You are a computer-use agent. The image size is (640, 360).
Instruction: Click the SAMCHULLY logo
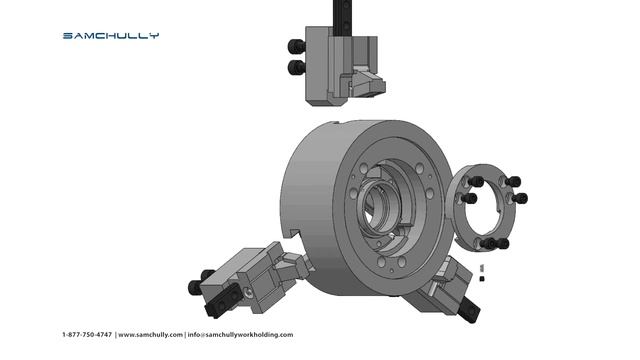click(111, 36)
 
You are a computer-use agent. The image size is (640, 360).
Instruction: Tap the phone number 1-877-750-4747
click(87, 335)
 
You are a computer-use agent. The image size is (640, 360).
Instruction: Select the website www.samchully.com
click(150, 335)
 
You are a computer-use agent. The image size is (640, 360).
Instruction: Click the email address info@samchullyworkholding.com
click(240, 335)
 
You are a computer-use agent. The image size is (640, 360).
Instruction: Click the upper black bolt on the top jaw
click(296, 46)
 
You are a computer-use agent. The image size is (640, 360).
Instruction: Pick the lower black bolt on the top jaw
click(296, 67)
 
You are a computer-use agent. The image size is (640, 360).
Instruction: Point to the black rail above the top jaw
click(342, 18)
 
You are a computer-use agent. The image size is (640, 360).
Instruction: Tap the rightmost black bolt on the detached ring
click(520, 199)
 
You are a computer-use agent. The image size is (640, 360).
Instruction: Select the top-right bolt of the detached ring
click(513, 181)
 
